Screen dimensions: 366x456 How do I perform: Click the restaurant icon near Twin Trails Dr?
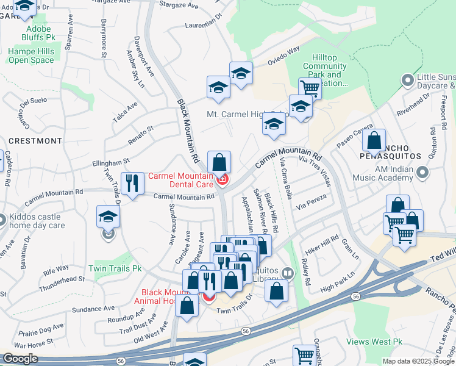[131, 181]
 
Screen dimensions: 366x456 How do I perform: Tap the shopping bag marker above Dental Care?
[219, 162]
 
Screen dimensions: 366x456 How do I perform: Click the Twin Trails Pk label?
[115, 268]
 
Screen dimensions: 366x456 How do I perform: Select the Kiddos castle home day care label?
[36, 221]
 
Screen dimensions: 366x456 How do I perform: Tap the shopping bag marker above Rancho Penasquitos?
[374, 140]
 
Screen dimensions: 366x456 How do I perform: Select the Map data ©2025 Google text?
[418, 361]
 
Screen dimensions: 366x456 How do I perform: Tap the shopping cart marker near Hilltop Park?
[310, 88]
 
